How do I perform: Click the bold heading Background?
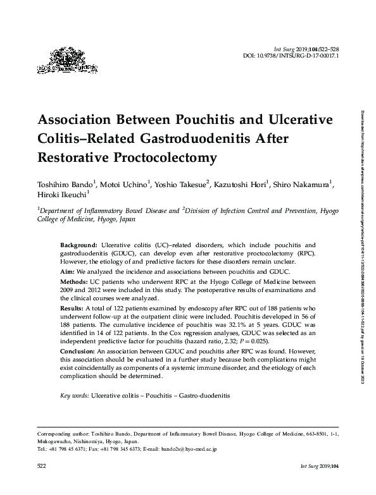[78, 244]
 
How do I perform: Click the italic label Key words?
[74, 395]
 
